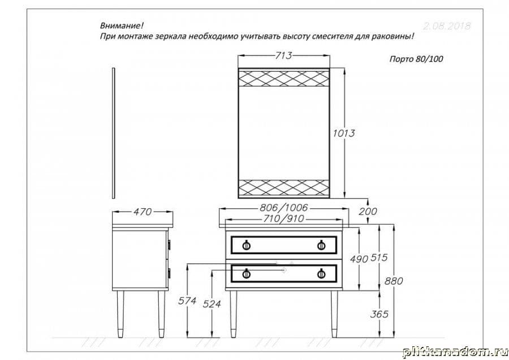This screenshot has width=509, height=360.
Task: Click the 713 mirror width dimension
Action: [x=284, y=55]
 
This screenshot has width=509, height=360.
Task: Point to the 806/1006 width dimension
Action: [x=284, y=208]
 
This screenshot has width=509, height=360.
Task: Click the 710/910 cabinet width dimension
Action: [x=284, y=219]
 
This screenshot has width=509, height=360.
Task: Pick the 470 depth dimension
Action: [x=142, y=212]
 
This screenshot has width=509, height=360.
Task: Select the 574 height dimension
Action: [x=187, y=301]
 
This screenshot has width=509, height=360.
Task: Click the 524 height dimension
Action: [x=211, y=304]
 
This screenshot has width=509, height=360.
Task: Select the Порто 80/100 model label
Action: [x=416, y=59]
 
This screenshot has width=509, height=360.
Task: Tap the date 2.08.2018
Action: [x=447, y=26]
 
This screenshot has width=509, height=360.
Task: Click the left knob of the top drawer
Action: [x=246, y=245]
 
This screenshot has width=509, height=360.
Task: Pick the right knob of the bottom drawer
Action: [x=321, y=274]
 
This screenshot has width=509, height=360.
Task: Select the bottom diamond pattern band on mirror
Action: [x=284, y=187]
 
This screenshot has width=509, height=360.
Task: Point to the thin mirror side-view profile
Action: [x=114, y=134]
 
